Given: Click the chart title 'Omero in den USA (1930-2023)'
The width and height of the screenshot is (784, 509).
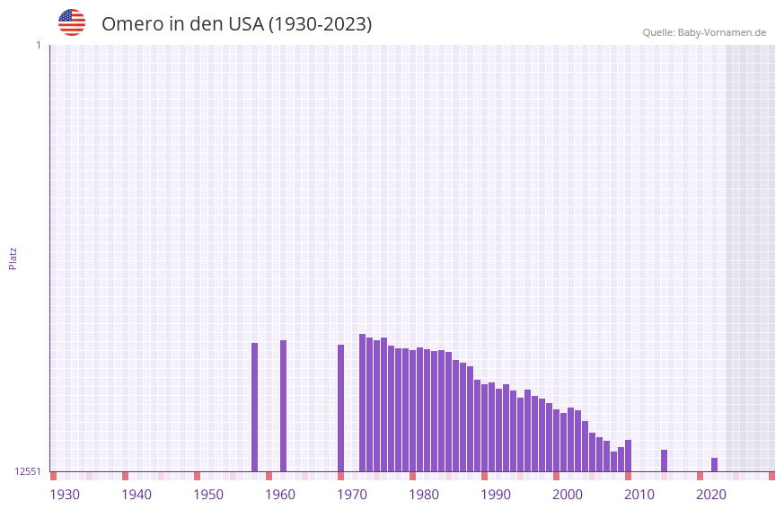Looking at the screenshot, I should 236,24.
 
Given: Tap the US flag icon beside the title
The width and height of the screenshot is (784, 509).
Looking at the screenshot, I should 72,22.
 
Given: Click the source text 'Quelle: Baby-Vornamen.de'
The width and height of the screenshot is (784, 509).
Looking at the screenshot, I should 704,32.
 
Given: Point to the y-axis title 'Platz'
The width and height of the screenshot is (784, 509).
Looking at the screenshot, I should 13,258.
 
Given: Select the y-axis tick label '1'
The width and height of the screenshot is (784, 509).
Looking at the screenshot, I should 39,45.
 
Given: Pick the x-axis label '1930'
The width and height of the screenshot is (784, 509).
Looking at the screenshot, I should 65,495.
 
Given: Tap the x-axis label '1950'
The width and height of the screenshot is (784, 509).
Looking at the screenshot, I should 208,495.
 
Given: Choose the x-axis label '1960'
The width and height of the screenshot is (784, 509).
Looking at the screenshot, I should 280,495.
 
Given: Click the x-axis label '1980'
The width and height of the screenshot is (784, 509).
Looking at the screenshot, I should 424,495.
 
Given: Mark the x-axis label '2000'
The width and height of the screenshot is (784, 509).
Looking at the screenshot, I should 568,495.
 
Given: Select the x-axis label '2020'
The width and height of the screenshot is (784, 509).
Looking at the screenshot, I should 711,495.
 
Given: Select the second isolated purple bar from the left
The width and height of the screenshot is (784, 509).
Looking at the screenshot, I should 283,406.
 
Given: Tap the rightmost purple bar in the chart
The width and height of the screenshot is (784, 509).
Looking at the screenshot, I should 714,464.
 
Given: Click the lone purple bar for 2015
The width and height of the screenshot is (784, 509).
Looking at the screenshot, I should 664,461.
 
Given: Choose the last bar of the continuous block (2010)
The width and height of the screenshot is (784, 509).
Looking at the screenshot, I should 628,455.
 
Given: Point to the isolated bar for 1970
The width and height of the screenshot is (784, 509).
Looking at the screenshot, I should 340,408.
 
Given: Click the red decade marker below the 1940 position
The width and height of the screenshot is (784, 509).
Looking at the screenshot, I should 125,476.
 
